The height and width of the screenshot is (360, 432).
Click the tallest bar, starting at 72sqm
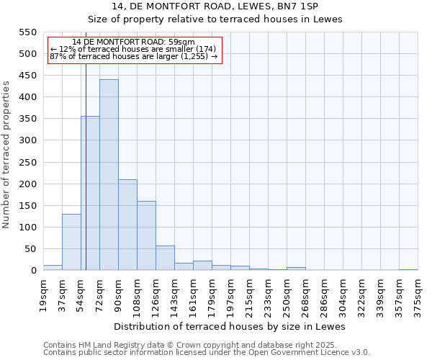pos(109,175)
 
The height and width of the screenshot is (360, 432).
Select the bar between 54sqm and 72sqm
pos(90,193)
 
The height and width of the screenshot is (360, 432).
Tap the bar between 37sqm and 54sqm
pos(71,242)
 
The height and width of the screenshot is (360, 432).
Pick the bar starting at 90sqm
pos(127,225)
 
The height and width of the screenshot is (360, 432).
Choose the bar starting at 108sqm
pos(146,235)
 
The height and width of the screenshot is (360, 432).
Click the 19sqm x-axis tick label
pos(43,294)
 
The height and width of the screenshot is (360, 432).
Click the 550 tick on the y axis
pos(27,32)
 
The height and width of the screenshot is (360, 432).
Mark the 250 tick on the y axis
pos(27,162)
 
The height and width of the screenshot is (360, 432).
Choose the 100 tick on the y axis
pos(27,228)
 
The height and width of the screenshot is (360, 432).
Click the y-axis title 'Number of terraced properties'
pos(6,155)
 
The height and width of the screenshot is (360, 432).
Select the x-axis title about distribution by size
pos(230,326)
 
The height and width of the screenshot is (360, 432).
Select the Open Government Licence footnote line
pos(207,352)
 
